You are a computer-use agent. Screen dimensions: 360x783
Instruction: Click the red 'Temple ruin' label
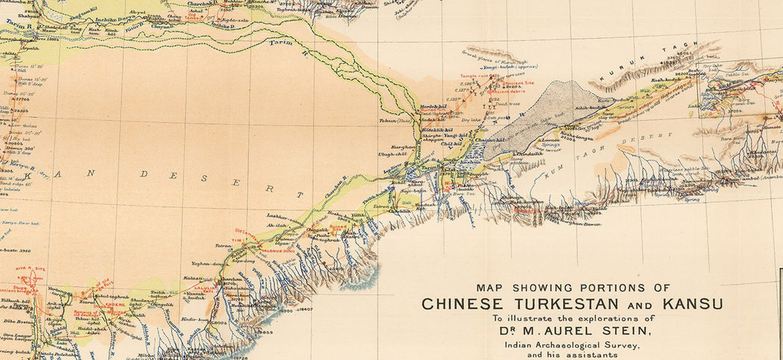tap(474, 77)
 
